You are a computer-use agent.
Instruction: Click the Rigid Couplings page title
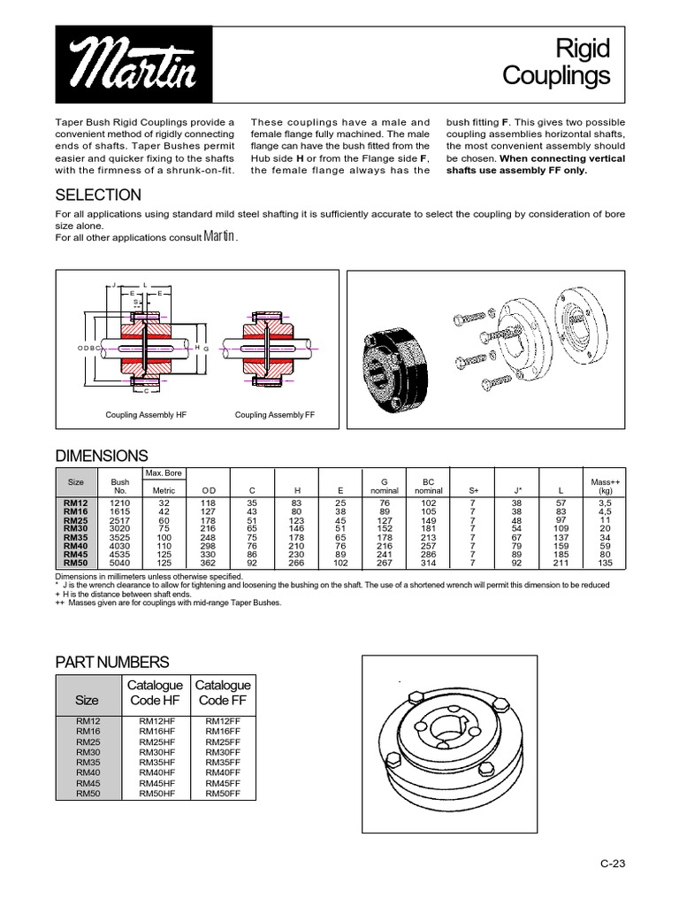tap(556, 62)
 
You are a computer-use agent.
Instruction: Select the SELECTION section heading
tap(97, 195)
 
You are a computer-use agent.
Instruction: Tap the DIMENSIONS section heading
tap(102, 456)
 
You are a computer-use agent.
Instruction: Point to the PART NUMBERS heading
tap(111, 662)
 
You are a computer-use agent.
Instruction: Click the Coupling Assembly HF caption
tap(146, 414)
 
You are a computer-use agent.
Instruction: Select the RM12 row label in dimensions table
tap(76, 502)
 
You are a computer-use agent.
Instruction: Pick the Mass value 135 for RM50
tap(605, 562)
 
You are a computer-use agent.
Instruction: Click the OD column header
tap(209, 490)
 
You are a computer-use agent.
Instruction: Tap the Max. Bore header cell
tap(164, 473)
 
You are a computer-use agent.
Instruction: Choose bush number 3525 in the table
tap(120, 536)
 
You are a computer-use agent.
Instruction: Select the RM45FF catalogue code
tap(222, 783)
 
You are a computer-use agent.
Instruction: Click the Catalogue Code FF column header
tap(223, 692)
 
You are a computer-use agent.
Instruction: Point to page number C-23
tap(612, 864)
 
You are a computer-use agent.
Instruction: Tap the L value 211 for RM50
tap(561, 562)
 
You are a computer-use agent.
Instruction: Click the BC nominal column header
tap(428, 486)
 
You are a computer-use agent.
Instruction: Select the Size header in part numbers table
tap(89, 699)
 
